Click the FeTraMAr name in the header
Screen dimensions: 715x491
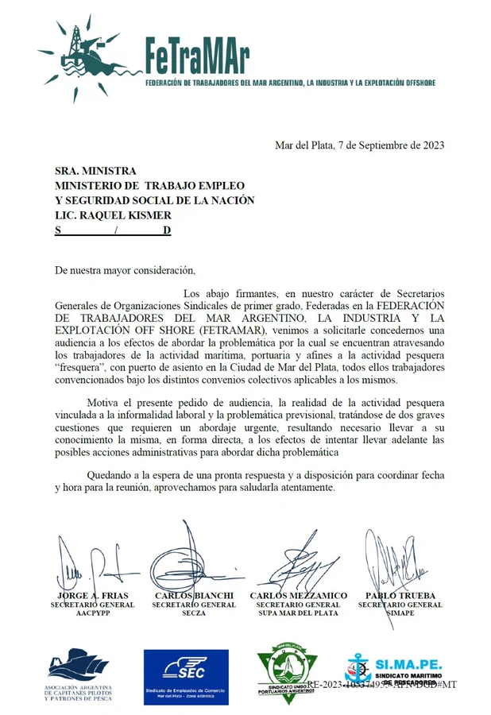[198, 56]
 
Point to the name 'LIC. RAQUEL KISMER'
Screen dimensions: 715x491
[113, 215]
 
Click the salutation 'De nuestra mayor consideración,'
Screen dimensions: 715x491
[124, 271]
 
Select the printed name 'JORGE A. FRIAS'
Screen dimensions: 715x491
[93, 596]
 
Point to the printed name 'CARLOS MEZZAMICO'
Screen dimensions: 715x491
[298, 596]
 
